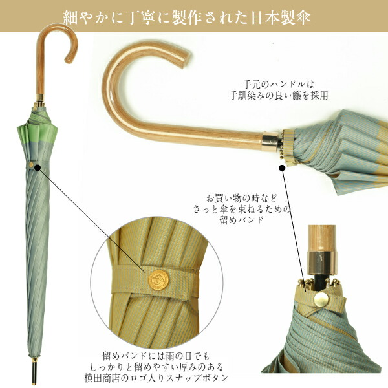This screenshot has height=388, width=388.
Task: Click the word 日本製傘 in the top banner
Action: [284, 16]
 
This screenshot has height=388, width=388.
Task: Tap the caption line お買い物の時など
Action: [242, 197]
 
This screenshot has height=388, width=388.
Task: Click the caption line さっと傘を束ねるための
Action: [242, 208]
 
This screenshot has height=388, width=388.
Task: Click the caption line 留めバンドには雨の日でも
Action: [156, 355]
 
